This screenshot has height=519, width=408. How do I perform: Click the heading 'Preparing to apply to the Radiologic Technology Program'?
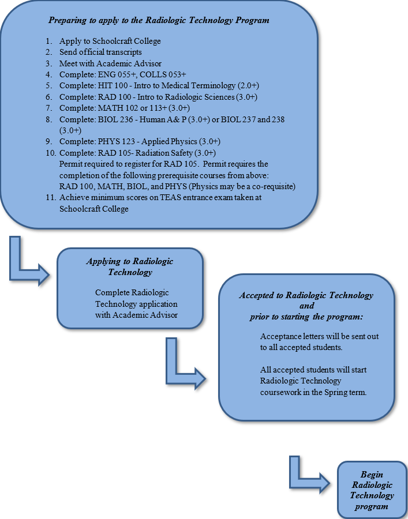(x=159, y=21)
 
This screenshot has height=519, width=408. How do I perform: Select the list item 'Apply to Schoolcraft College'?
(x=110, y=42)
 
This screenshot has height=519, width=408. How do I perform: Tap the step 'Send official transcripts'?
(x=100, y=52)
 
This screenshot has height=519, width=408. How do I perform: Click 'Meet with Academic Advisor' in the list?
(x=110, y=63)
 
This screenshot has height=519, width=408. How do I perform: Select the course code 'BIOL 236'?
(x=111, y=119)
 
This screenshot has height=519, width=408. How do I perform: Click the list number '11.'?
(x=50, y=198)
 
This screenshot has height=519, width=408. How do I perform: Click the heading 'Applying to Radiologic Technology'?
(x=130, y=266)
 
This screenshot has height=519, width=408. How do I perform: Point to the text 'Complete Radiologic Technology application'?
(x=136, y=298)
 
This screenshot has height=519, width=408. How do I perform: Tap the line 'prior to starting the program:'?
(x=306, y=317)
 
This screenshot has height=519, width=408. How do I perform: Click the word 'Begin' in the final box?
(x=372, y=475)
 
